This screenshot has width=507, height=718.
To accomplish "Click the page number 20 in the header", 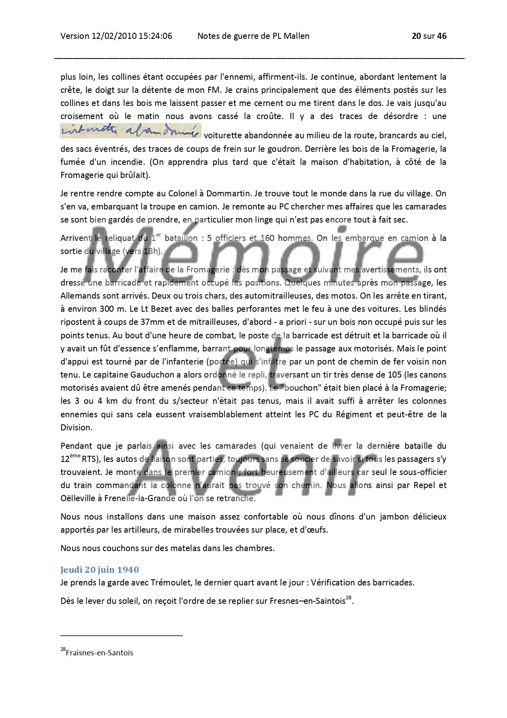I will coord(416,36).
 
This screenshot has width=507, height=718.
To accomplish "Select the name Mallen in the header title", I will coord(297,36).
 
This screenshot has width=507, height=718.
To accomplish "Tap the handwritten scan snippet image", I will coord(131,131).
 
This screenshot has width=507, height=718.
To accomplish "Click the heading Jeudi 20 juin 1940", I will coord(100,569).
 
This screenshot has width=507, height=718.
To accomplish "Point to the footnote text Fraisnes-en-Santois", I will coord(99,653).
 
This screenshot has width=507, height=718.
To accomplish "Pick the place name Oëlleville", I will coord(77,499).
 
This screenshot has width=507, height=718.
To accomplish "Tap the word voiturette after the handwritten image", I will coord(223,135).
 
